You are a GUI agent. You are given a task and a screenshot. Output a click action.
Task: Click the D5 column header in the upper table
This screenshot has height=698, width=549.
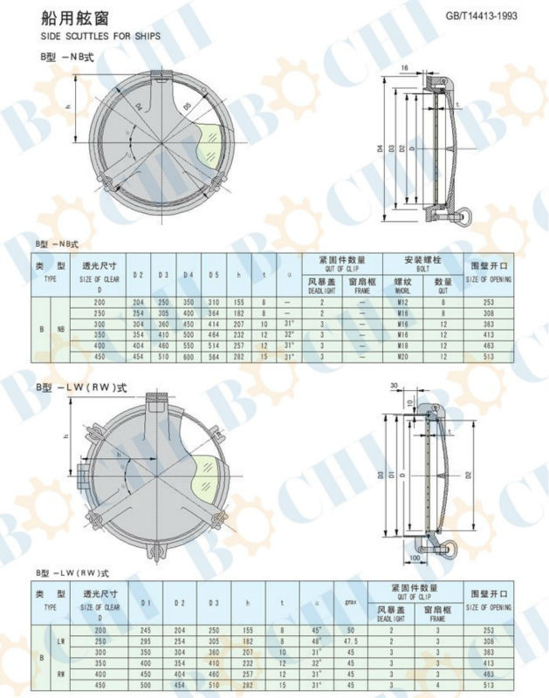[214, 276]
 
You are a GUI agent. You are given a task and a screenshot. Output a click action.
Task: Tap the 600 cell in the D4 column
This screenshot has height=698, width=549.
[188, 356]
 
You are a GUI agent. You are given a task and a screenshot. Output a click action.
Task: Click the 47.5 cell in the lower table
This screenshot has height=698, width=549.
[352, 640]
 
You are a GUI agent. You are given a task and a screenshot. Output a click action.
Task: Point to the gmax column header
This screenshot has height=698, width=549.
[352, 603]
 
